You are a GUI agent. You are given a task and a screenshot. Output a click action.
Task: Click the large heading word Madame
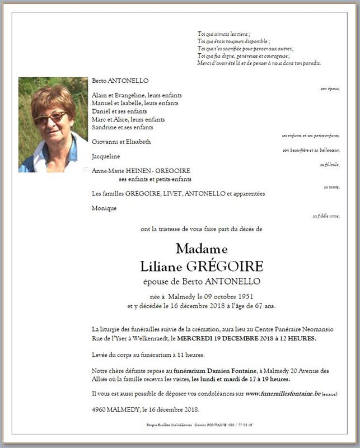click(202, 248)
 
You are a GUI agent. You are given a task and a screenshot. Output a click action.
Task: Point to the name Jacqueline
click(105, 156)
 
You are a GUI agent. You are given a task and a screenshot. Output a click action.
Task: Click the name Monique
click(104, 208)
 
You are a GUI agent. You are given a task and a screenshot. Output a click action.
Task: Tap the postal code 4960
click(99, 409)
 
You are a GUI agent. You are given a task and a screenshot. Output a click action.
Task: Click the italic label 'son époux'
click(330, 89)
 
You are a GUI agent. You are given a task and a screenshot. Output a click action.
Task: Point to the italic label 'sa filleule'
click(330, 165)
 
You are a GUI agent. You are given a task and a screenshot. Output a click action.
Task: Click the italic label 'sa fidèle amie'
click(326, 216)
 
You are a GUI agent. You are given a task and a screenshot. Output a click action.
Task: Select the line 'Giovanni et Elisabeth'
click(121, 142)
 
